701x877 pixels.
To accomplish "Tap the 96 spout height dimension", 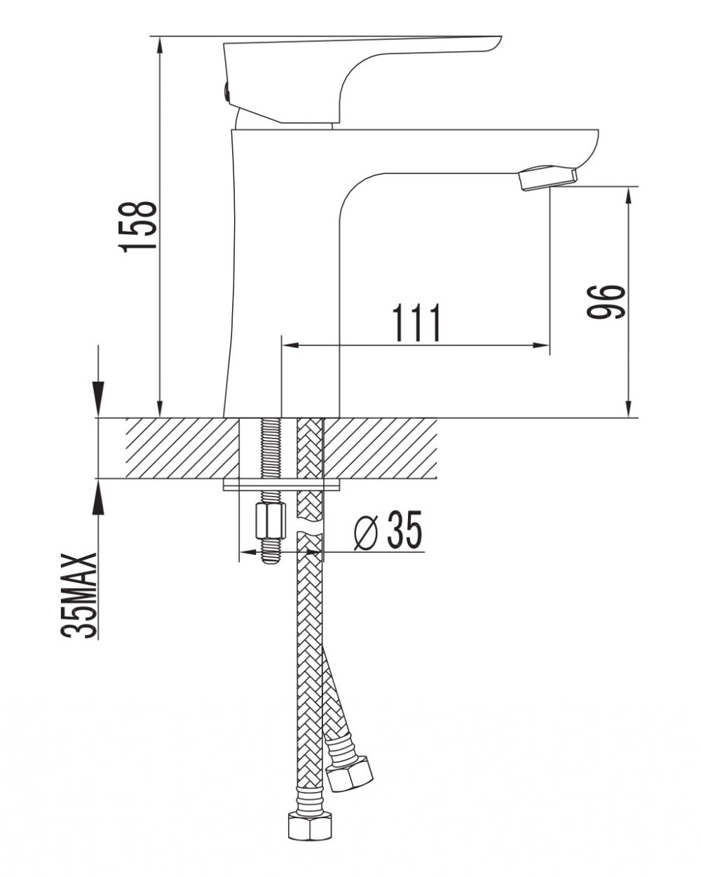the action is [x=606, y=302].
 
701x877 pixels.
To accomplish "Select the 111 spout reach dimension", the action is [x=416, y=323].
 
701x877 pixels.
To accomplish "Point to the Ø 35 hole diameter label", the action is [x=387, y=530].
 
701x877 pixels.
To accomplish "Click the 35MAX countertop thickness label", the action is [x=79, y=596].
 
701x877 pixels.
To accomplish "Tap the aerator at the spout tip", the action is [x=548, y=178].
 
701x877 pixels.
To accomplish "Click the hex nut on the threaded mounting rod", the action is [x=270, y=521].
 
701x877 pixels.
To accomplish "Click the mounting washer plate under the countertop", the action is [x=282, y=485].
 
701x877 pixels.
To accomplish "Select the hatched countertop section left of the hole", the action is [x=182, y=448].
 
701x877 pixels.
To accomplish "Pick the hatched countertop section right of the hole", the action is [x=380, y=448].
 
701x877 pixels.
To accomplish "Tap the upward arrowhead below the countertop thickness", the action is [x=98, y=497].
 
